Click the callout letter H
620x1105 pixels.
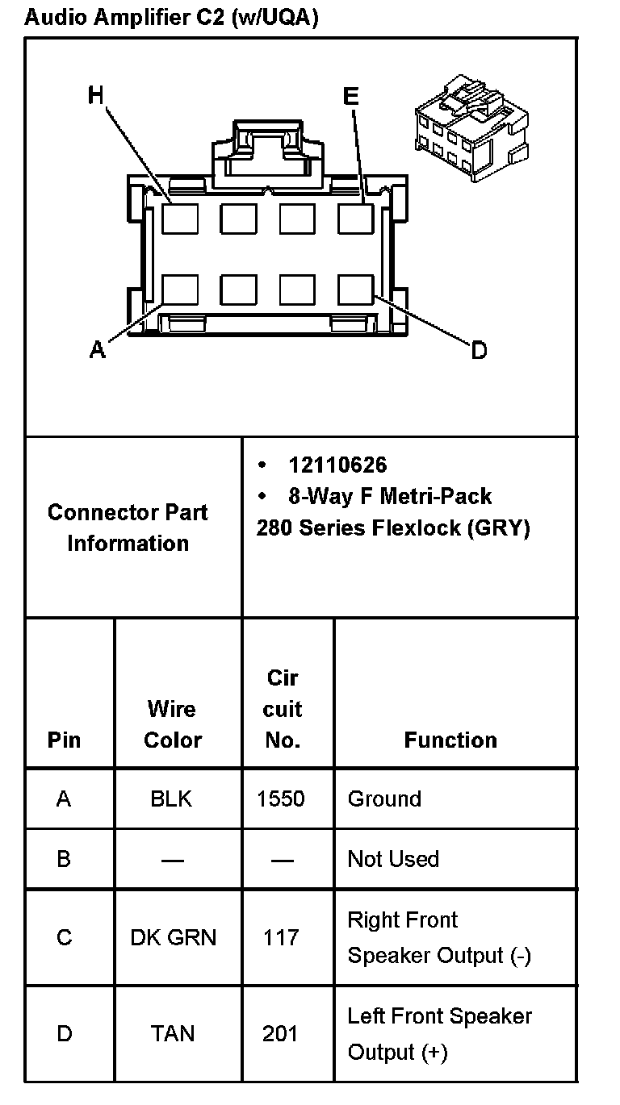96,96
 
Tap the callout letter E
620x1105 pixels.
350,97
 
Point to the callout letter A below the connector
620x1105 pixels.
98,350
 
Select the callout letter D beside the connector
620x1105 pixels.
479,350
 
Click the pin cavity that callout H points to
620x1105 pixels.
180,219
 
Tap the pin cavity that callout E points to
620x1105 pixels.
356,219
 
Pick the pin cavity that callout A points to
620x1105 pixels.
180,290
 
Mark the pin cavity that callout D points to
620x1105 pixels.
356,290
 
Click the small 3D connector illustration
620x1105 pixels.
471,120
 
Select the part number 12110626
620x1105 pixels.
337,465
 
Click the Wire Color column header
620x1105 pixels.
172,724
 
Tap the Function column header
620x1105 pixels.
450,740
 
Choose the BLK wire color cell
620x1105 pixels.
171,799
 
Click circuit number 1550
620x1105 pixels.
281,799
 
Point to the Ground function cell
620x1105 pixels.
384,799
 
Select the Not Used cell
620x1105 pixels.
393,859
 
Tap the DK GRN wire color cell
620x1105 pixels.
173,937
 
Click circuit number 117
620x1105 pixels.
281,937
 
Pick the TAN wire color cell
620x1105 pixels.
173,1033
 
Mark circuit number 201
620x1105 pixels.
280,1033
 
